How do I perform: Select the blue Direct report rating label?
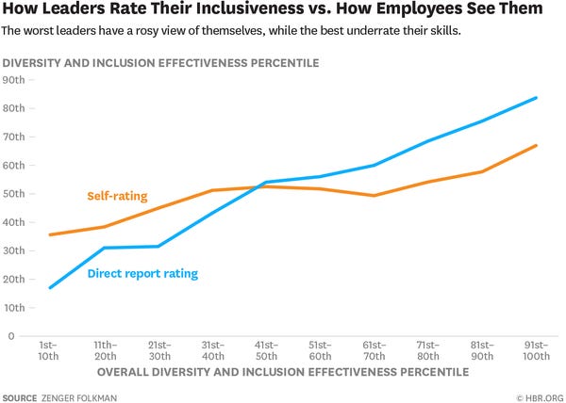click(x=141, y=274)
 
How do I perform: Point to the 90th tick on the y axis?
click(x=14, y=80)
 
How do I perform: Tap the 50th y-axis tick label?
click(x=14, y=194)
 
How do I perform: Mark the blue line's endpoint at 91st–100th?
click(x=537, y=97)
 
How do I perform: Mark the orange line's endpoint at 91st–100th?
click(x=537, y=145)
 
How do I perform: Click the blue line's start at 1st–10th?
click(x=49, y=287)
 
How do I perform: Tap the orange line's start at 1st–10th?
click(x=49, y=234)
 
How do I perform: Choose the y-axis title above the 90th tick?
click(x=160, y=63)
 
